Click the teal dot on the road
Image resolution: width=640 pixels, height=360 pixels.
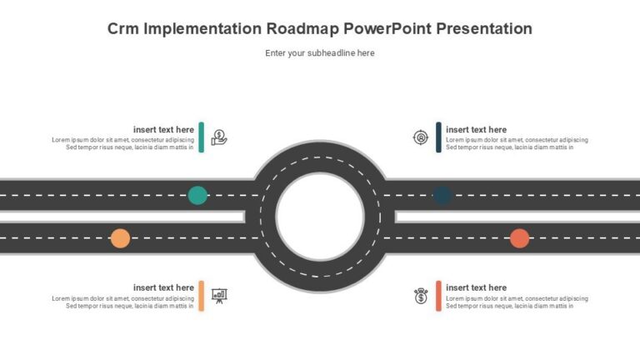[x=197, y=195]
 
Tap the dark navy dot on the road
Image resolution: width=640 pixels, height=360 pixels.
[x=442, y=195]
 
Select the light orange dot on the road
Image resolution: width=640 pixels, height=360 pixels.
[x=120, y=238]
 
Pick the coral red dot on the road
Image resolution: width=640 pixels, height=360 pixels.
[x=520, y=238]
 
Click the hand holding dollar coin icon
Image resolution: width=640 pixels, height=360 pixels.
[x=219, y=137]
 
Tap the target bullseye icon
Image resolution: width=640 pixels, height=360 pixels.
[x=420, y=137]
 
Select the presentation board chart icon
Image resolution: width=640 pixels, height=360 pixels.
[x=219, y=296]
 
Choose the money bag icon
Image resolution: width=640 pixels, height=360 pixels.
[x=421, y=296]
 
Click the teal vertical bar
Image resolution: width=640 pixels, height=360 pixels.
[x=201, y=137]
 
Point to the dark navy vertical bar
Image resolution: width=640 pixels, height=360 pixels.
[x=438, y=137]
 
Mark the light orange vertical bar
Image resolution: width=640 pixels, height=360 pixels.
[x=201, y=296]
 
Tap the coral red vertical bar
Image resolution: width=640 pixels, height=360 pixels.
[x=438, y=296]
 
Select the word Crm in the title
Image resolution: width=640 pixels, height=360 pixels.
[x=122, y=28]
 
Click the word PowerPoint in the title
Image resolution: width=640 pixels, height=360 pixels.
[x=387, y=28]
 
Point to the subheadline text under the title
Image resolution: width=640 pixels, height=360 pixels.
[x=320, y=53]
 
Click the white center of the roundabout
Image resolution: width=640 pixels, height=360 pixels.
[x=320, y=217]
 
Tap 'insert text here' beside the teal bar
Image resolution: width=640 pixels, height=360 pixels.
[x=163, y=129]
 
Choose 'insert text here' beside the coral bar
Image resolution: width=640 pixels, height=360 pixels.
[x=477, y=287]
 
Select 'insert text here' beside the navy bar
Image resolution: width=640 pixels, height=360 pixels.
[x=477, y=129]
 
